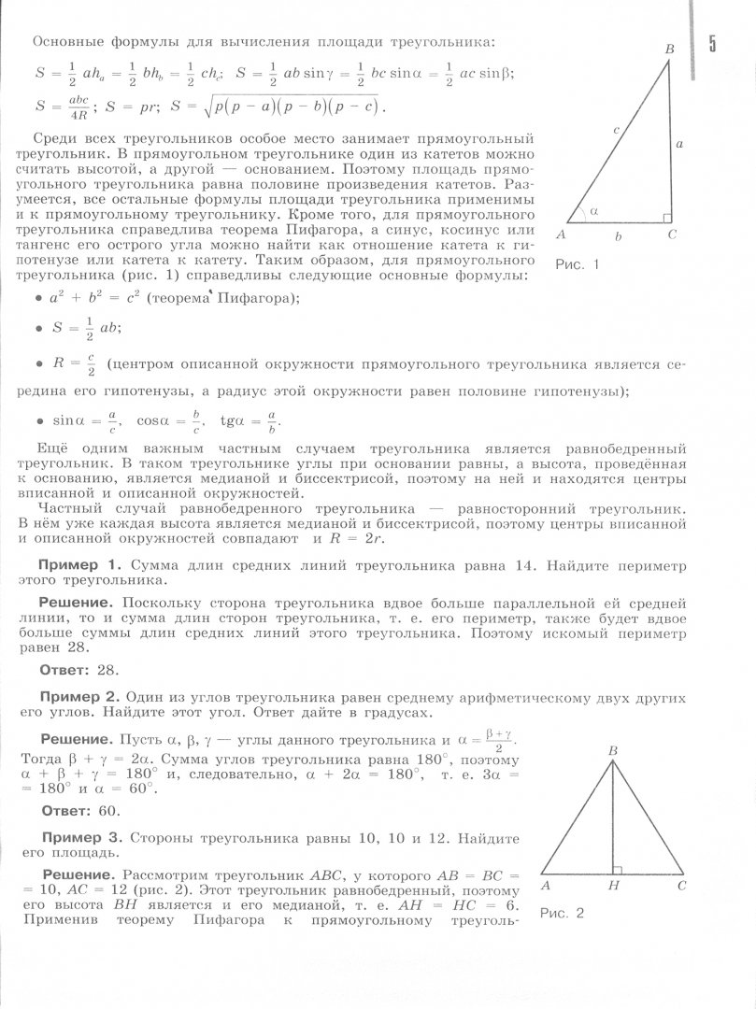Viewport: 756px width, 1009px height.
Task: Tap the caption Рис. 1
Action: (x=577, y=265)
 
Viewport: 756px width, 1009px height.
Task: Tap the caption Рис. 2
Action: (x=562, y=913)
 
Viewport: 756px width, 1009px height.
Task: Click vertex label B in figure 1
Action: (x=669, y=49)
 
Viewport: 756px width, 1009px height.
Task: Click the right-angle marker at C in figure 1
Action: (x=666, y=219)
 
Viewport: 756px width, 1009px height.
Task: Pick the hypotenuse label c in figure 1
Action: (x=617, y=132)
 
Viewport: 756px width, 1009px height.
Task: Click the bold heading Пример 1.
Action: (x=78, y=565)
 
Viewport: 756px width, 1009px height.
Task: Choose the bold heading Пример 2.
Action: (x=78, y=697)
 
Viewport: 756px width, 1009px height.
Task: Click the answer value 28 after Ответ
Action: (x=109, y=670)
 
